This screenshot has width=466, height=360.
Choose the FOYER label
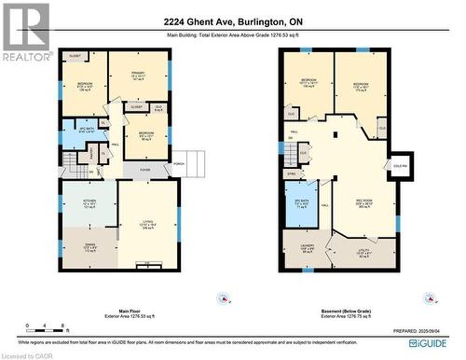click(x=145, y=169)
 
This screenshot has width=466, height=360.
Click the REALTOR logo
click(x=26, y=32)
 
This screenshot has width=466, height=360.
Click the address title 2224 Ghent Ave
click(x=233, y=21)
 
